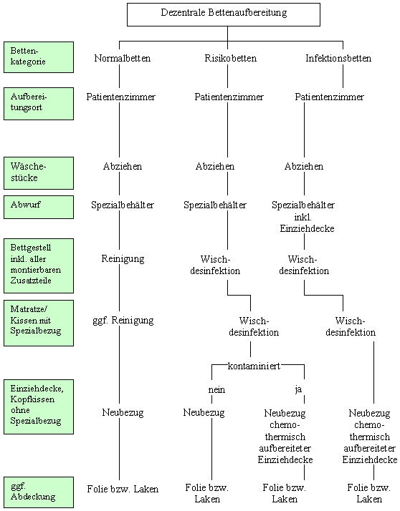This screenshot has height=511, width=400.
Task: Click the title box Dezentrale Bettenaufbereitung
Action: (224, 14)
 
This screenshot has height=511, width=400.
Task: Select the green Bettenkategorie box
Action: (39, 57)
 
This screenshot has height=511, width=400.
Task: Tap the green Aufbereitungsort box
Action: (39, 104)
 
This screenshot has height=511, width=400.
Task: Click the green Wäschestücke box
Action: (39, 173)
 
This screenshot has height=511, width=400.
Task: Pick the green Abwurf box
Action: (39, 207)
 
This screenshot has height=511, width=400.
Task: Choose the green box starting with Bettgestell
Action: (39, 266)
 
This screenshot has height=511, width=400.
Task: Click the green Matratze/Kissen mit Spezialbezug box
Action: (39, 323)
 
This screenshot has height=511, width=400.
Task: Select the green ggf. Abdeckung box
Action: (39, 492)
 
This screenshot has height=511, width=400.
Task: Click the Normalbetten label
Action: (123, 59)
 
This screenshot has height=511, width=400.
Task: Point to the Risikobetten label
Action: (231, 59)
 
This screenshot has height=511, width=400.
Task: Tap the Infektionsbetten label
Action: (338, 59)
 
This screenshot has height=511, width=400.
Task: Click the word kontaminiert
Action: (254, 366)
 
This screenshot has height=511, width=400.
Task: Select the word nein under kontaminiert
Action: (216, 389)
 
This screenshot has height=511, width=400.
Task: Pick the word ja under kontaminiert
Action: (298, 389)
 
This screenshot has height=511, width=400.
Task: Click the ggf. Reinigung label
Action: (123, 321)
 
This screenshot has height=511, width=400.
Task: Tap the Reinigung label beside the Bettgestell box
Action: (123, 259)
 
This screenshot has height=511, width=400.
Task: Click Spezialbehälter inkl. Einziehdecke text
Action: (303, 217)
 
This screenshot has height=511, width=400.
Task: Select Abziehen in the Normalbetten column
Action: (123, 166)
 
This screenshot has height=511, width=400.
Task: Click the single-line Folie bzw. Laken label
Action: (123, 489)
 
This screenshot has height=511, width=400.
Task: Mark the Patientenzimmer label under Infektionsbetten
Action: (329, 97)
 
